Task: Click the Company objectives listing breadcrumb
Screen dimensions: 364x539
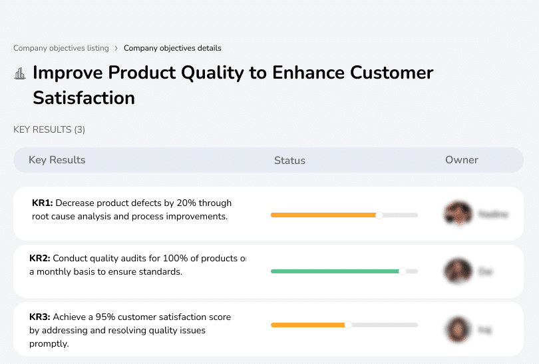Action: [x=61, y=48]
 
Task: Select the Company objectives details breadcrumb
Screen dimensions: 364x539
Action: [x=172, y=48]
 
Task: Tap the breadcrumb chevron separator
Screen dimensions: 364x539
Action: [x=116, y=48]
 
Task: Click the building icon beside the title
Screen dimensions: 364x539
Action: [x=20, y=73]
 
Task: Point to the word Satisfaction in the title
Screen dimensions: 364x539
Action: [x=84, y=98]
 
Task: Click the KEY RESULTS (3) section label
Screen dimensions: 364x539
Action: [x=49, y=129]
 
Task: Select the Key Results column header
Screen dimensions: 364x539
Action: [x=57, y=160]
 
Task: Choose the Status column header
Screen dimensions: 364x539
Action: [x=289, y=161]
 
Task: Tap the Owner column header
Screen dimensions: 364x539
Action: [x=462, y=160]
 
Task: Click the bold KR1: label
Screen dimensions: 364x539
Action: [x=43, y=203]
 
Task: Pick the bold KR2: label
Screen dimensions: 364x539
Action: [x=40, y=259]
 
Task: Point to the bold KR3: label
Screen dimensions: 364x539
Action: [x=40, y=317]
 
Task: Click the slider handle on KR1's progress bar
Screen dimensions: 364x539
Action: [x=379, y=215]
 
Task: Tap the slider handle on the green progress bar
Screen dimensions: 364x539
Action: [x=402, y=271]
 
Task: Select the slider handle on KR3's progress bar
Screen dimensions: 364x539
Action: [x=347, y=325]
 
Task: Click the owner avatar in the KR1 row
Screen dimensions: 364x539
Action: [x=458, y=214]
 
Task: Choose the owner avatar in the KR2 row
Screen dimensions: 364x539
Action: [x=458, y=271]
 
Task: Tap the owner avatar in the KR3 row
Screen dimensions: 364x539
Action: [x=458, y=329]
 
